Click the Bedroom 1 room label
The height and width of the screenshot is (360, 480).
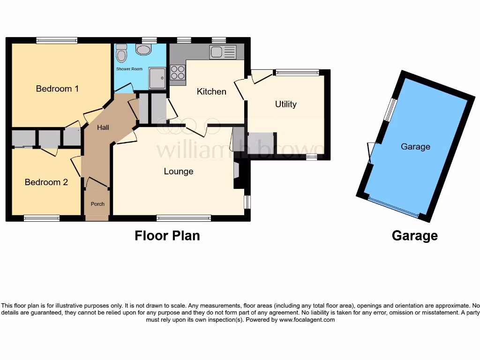click(57, 89)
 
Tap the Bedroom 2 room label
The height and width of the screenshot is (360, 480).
click(46, 182)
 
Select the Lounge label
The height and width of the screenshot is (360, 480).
click(179, 172)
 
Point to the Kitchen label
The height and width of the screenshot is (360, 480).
click(211, 91)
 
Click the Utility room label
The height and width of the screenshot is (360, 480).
click(285, 104)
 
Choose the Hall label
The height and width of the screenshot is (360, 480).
click(103, 127)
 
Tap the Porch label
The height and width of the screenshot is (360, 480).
click(97, 204)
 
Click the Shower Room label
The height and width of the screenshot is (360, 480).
click(129, 69)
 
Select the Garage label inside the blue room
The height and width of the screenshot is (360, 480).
click(415, 147)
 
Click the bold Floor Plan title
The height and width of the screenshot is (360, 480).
click(167, 235)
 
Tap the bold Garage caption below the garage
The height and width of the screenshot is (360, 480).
click(414, 236)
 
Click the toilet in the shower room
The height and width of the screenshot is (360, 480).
click(121, 53)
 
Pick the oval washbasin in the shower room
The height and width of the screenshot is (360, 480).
click(143, 50)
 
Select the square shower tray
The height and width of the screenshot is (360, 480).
click(157, 78)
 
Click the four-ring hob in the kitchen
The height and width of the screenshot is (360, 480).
click(178, 72)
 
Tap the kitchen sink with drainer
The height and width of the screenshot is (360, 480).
click(223, 52)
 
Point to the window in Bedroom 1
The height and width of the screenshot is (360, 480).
click(57, 41)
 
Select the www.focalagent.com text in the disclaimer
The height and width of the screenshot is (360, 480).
click(307, 320)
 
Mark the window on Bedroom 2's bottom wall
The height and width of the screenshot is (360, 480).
click(42, 218)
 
